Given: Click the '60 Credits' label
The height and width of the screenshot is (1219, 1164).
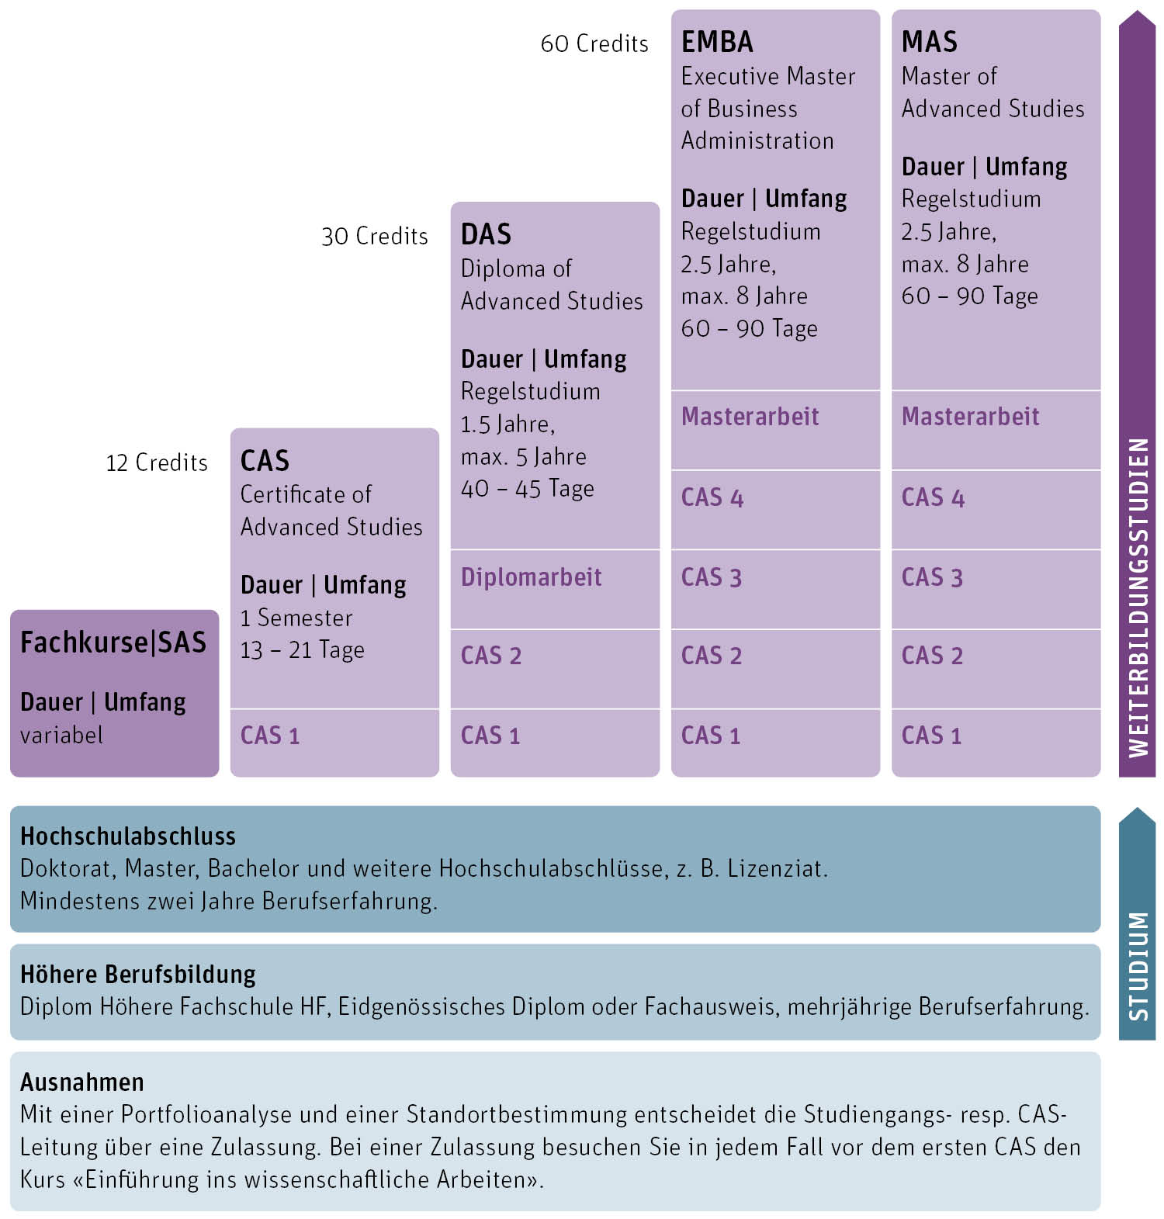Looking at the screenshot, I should coord(594,43).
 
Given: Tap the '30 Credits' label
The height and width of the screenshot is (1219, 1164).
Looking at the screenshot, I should coord(374,236).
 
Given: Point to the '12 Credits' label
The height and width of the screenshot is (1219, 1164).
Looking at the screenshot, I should coord(157,462).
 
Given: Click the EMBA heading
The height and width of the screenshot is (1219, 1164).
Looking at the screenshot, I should coord(717,42).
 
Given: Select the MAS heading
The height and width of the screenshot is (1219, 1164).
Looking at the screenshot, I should coord(929,42).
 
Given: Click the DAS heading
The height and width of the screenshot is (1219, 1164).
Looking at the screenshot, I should coord(486,234).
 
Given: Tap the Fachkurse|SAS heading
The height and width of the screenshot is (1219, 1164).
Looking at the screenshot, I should coord(113,642).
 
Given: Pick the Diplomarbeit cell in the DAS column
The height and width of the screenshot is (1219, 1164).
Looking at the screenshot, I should coord(532,577).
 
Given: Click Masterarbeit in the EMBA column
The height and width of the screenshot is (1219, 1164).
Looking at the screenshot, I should coord(750,417).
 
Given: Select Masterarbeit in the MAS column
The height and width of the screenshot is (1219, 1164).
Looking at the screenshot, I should coord(970,417).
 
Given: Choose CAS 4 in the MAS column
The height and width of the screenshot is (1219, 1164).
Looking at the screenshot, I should coord(933,497).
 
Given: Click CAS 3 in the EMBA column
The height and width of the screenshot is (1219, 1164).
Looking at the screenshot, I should coord(712,577).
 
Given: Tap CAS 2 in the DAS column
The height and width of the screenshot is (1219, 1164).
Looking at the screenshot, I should coord(491,656).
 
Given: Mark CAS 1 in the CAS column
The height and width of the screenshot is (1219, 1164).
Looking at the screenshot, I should coord(270,736).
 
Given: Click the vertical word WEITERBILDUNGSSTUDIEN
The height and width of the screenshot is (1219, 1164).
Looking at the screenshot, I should coord(1138,597).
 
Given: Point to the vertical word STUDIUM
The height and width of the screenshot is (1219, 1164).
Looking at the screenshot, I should coord(1138,966).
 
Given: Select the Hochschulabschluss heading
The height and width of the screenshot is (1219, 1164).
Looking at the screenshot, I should coord(128,836).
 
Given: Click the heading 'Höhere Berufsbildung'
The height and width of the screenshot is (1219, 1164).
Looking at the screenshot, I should coord(138,975).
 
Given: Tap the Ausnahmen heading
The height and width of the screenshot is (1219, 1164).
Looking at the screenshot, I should coord(82,1082).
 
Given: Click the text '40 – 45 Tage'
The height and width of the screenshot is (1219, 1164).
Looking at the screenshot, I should coord(528,489).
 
